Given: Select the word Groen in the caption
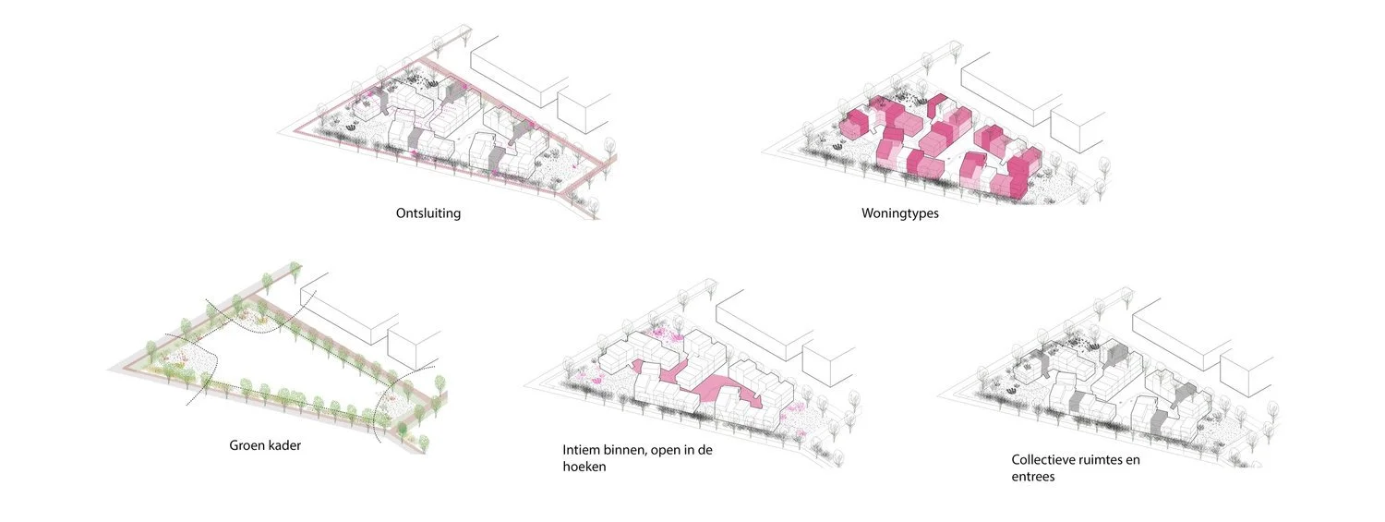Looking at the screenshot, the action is click(x=247, y=445).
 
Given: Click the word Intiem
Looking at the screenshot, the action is click(x=583, y=451).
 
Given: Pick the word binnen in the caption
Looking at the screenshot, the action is click(x=632, y=451).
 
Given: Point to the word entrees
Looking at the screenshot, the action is click(x=1033, y=477).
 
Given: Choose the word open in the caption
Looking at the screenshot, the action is click(x=681, y=451).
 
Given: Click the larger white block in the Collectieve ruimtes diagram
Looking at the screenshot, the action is click(x=1181, y=323).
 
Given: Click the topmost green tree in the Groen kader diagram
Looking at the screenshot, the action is click(x=295, y=270).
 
